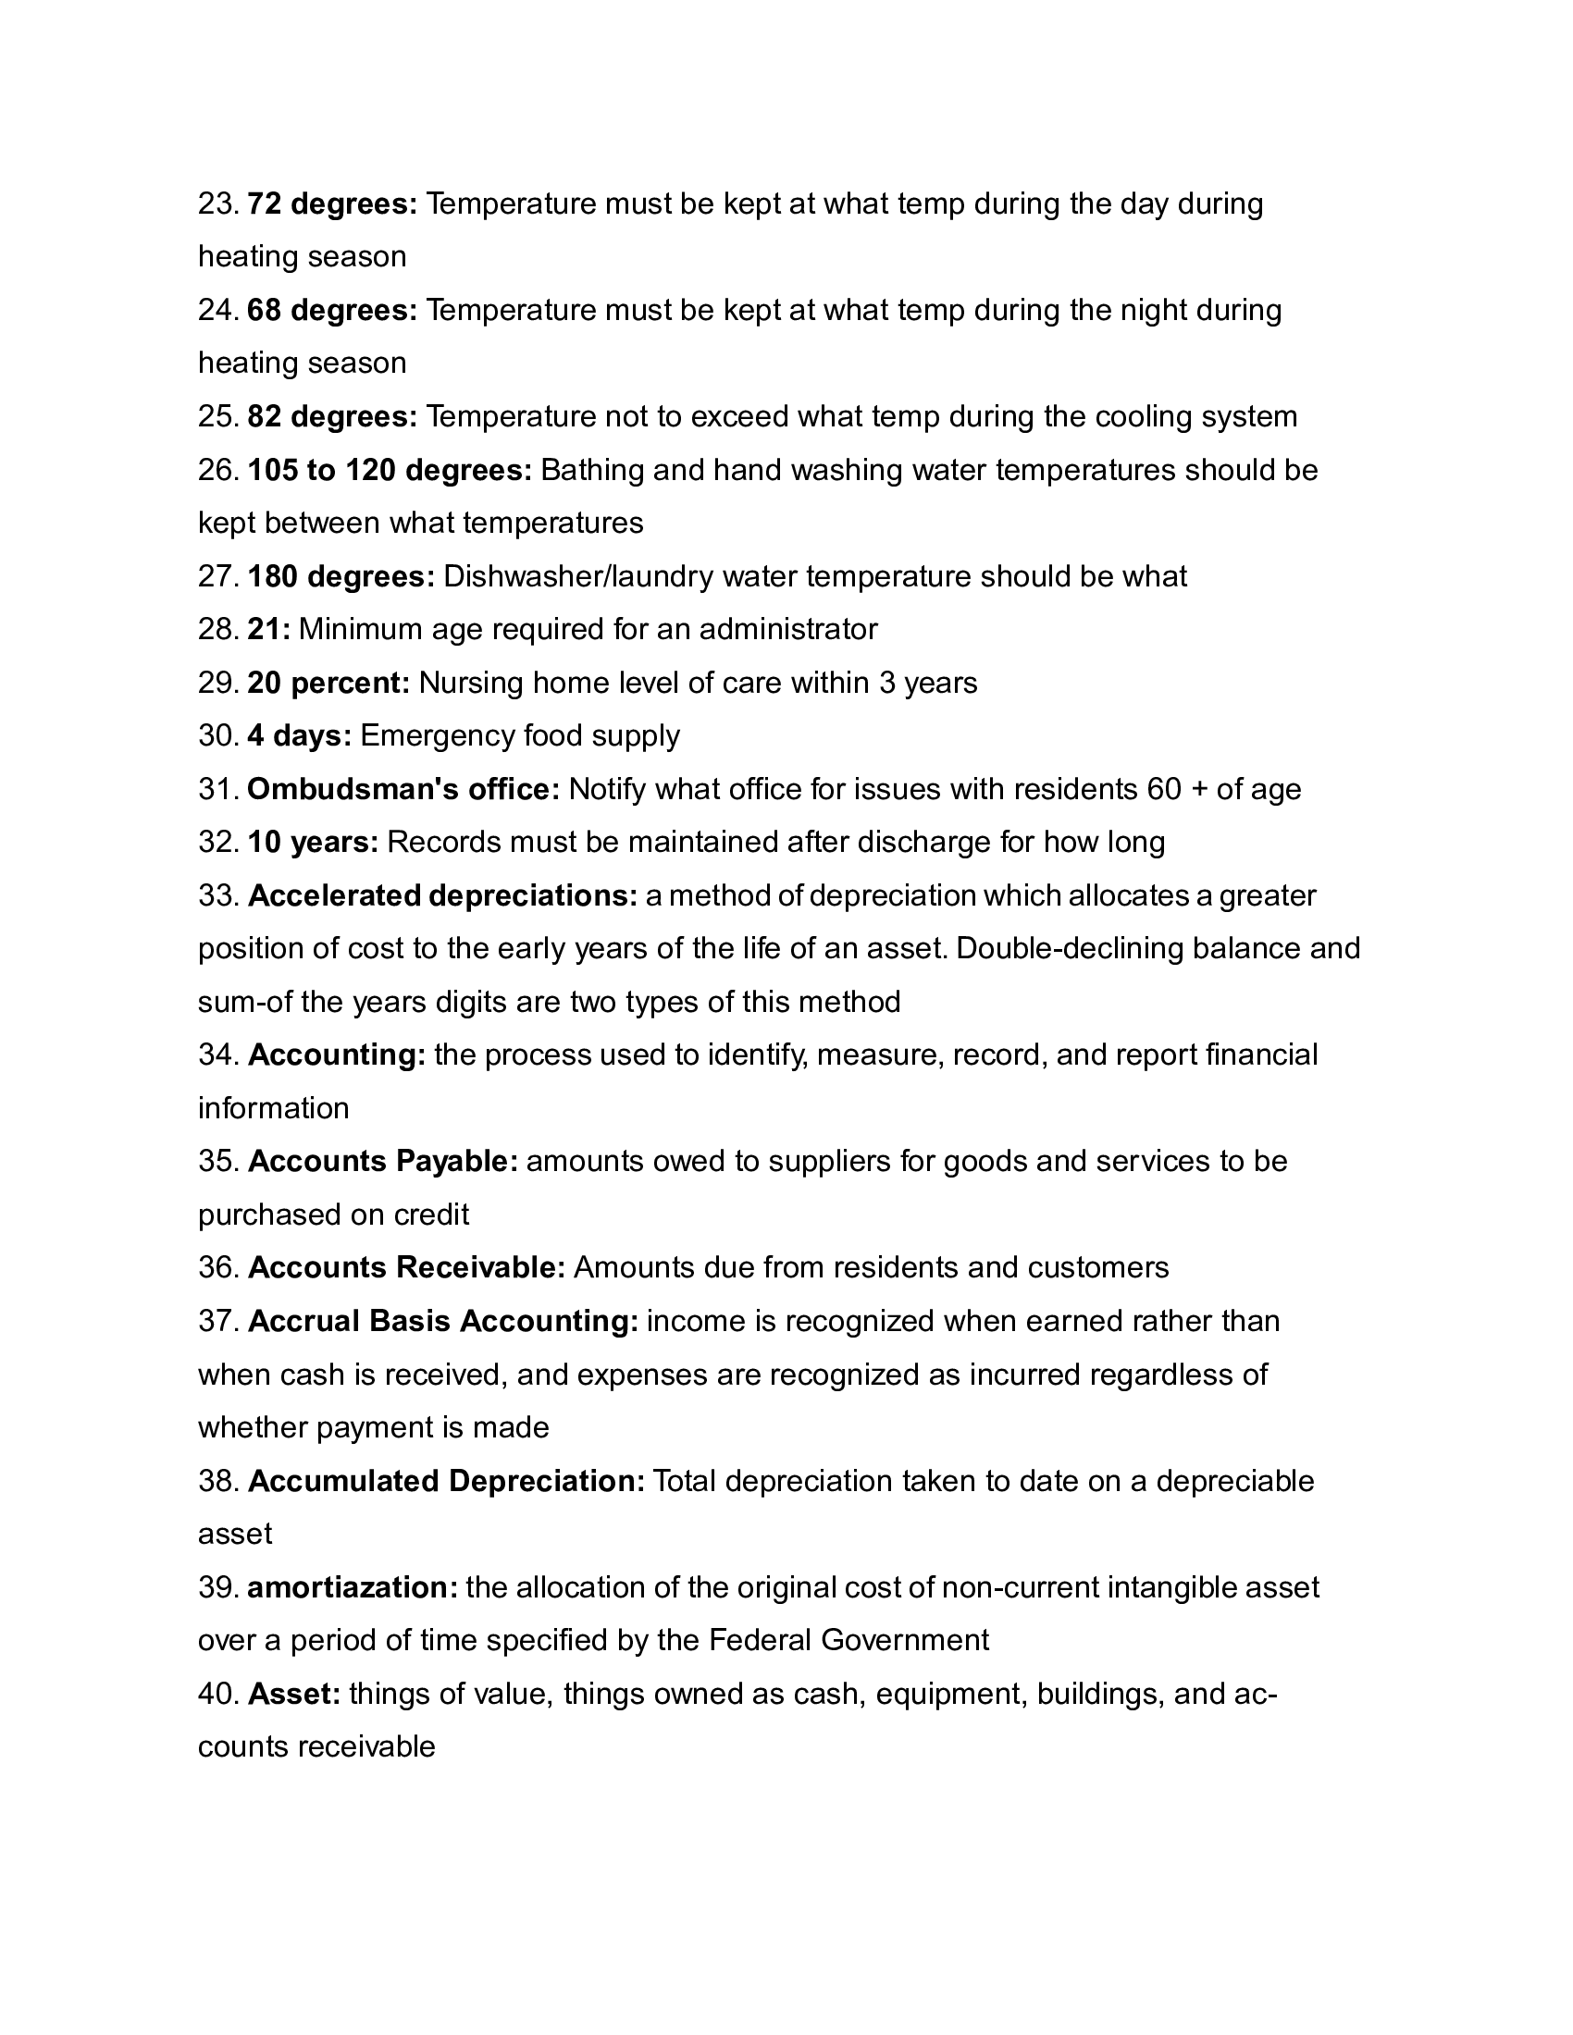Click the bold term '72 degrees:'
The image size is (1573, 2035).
333,203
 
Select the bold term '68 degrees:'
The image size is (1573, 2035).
333,309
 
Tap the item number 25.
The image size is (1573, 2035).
218,416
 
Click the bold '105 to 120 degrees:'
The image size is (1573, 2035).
390,470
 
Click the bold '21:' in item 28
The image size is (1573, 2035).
268,629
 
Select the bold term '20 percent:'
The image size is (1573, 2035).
329,683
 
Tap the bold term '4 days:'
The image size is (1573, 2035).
299,736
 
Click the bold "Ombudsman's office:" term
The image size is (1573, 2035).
403,789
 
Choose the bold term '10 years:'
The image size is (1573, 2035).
313,843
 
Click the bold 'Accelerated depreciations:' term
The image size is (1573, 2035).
442,895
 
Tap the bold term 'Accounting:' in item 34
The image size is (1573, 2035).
338,1054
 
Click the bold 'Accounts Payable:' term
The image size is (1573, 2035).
383,1161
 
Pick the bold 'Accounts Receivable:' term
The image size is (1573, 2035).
407,1267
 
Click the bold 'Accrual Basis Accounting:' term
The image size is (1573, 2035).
443,1321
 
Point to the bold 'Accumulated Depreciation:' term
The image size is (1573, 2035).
446,1481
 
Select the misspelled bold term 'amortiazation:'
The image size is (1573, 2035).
353,1586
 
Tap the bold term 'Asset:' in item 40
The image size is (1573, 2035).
294,1693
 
